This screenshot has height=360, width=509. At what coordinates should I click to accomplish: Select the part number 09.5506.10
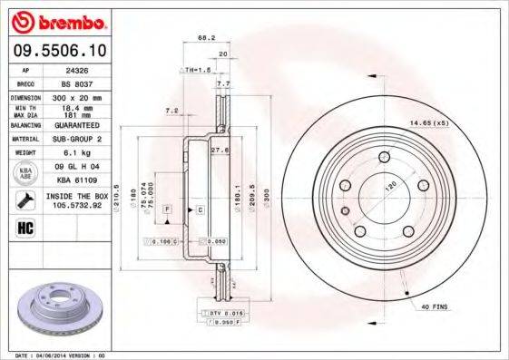click(57, 53)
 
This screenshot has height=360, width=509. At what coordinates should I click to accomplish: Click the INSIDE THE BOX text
click(76, 195)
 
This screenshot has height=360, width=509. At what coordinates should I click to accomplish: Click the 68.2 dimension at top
click(206, 38)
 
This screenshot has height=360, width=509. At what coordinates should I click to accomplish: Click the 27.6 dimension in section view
click(217, 149)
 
